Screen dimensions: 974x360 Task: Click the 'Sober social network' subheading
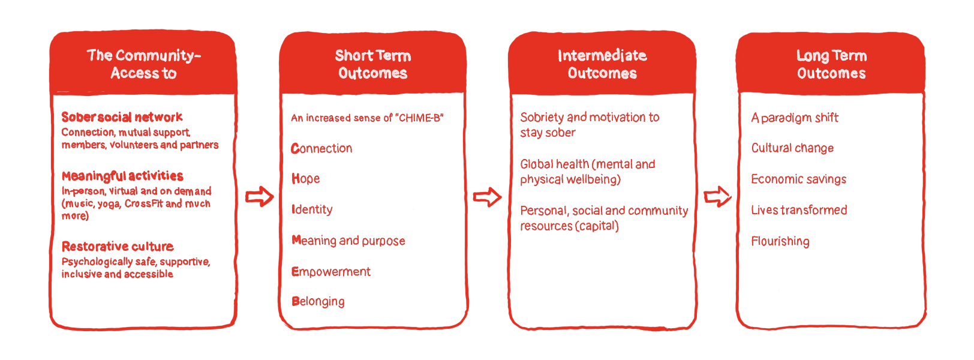pyautogui.click(x=122, y=117)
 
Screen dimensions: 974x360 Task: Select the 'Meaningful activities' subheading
pyautogui.click(x=122, y=176)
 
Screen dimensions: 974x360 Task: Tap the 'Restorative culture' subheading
pyautogui.click(x=118, y=247)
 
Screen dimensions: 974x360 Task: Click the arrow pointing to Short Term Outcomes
pyautogui.click(x=260, y=197)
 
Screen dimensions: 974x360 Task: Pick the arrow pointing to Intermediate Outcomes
pyautogui.click(x=488, y=197)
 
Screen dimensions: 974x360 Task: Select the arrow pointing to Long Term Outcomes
pyautogui.click(x=717, y=197)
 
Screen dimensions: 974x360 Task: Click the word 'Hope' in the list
pyautogui.click(x=306, y=179)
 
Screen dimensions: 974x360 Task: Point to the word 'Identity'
pyautogui.click(x=312, y=209)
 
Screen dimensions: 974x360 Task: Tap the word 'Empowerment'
pyautogui.click(x=331, y=272)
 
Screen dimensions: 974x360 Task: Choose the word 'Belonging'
pyautogui.click(x=318, y=302)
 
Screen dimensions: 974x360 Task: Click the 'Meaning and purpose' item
pyautogui.click(x=348, y=241)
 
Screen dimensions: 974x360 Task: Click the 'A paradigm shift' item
pyautogui.click(x=795, y=118)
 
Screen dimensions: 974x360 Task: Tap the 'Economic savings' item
pyautogui.click(x=799, y=179)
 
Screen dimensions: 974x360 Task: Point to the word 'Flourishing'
pyautogui.click(x=780, y=241)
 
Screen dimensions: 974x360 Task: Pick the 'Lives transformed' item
pyautogui.click(x=799, y=210)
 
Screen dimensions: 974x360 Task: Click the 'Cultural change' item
pyautogui.click(x=792, y=148)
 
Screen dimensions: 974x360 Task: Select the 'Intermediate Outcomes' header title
pyautogui.click(x=602, y=64)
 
